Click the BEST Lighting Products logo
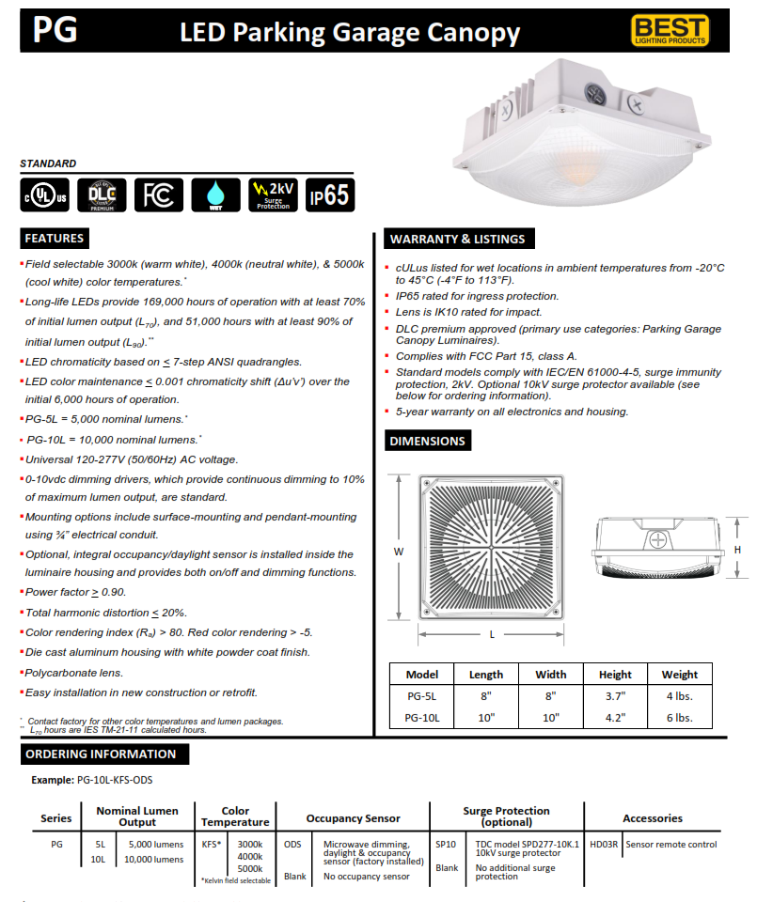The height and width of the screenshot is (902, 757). [x=683, y=31]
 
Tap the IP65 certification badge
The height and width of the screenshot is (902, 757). [x=330, y=194]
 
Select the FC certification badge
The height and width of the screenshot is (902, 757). [x=158, y=194]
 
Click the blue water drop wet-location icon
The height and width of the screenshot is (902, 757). [x=215, y=194]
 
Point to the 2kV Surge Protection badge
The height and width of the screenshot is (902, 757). [x=273, y=194]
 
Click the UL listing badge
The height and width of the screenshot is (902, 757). [x=43, y=194]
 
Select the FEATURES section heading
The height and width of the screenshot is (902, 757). [x=55, y=238]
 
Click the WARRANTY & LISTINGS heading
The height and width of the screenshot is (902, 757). [x=457, y=239]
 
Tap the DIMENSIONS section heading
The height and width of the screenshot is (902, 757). [x=427, y=441]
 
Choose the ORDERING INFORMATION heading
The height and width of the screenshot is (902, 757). [x=101, y=754]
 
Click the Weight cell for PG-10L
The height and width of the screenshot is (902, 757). [x=679, y=718]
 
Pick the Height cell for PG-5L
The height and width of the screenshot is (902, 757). [x=615, y=696]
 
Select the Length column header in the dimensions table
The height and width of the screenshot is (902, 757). [x=486, y=675]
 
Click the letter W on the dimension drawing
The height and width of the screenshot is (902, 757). [x=399, y=552]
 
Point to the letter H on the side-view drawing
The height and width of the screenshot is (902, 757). [x=738, y=550]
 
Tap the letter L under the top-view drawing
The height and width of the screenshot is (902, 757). [x=492, y=634]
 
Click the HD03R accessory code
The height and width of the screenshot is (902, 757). [x=604, y=844]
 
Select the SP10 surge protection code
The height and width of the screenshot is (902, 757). [x=446, y=844]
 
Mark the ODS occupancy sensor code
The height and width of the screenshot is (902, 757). [x=293, y=844]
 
